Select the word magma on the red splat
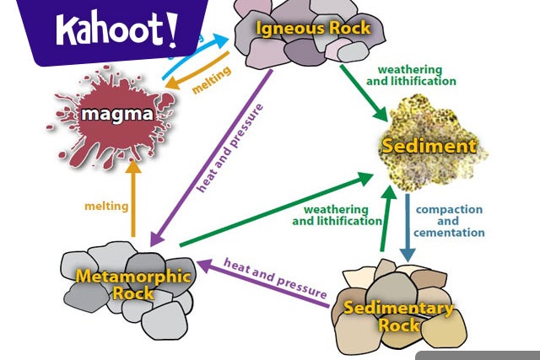(x=117, y=113)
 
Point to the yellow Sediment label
(x=428, y=146)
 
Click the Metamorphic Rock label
(x=134, y=284)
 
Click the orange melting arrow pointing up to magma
(x=132, y=198)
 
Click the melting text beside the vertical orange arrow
(x=106, y=206)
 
